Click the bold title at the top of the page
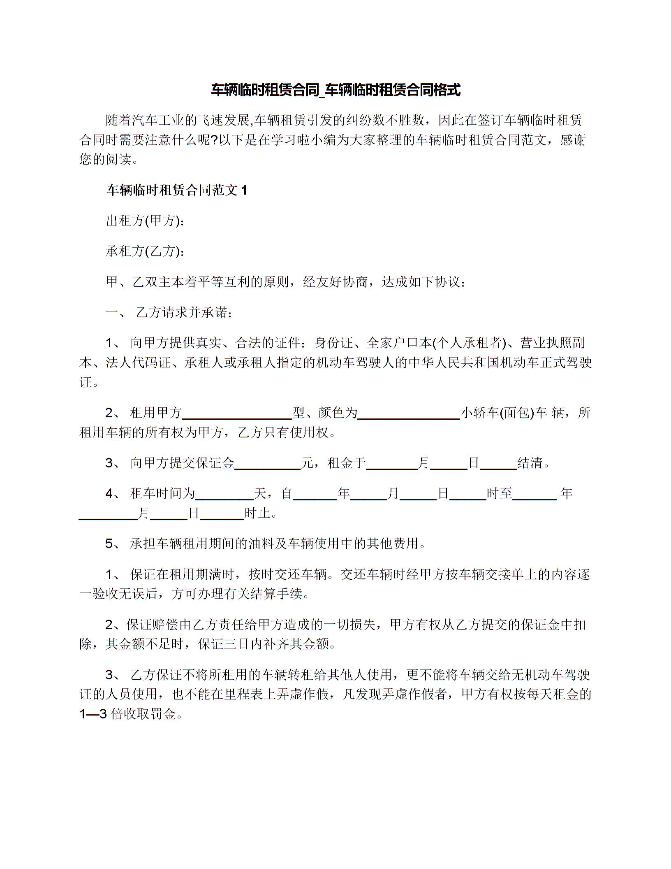pos(335,90)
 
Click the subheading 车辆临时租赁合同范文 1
pos(177,190)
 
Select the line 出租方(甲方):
pos(144,221)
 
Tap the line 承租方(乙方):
pos(144,251)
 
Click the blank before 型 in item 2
pos(239,413)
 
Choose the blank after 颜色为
pos(409,413)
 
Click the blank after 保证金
pos(268,464)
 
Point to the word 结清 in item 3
pos(530,463)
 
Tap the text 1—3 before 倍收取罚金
pos(93,714)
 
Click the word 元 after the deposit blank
pos(307,463)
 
